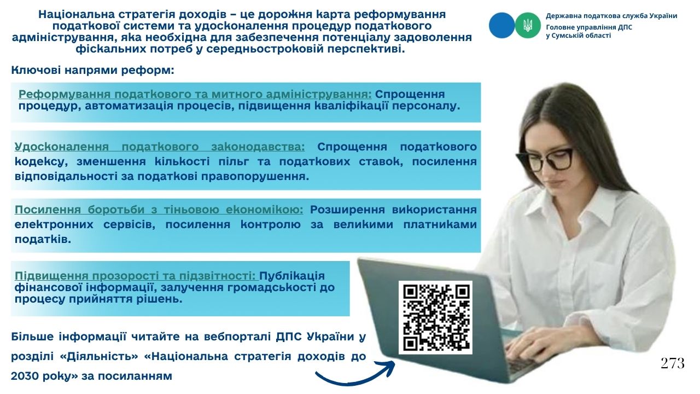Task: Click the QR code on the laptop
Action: [x=435, y=317]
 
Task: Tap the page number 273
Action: [x=673, y=363]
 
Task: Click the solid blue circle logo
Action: [x=501, y=25]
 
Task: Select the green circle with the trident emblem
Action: [x=528, y=25]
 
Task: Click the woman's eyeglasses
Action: [x=544, y=159]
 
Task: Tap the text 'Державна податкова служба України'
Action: [x=611, y=16]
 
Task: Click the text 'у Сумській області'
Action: [x=579, y=36]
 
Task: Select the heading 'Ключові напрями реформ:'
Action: [x=92, y=70]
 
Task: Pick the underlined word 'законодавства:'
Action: [x=258, y=146]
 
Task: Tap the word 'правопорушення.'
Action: [x=255, y=176]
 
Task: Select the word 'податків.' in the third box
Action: [x=43, y=239]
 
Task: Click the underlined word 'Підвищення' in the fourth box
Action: [x=51, y=276]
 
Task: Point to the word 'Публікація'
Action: [x=292, y=276]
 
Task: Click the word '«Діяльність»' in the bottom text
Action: [x=99, y=356]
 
